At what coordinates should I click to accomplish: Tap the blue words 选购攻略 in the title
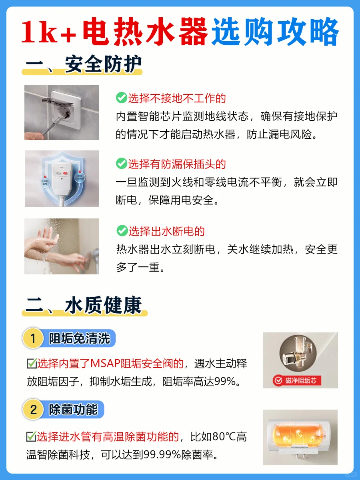click(x=275, y=32)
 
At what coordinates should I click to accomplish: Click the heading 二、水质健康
click(x=84, y=305)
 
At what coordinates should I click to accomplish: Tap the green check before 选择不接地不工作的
click(x=122, y=98)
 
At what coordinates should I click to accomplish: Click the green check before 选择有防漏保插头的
click(x=122, y=163)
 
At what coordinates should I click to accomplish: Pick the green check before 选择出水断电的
click(x=122, y=230)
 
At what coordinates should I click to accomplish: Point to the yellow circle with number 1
click(x=33, y=338)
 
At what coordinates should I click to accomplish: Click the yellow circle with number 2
click(x=33, y=409)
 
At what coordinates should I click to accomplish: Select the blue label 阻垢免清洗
click(x=79, y=338)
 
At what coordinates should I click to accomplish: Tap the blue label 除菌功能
click(x=73, y=409)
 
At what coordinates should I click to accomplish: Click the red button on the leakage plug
click(x=65, y=173)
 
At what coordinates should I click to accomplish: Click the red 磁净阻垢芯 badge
click(x=297, y=380)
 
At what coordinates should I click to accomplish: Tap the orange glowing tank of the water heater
click(x=298, y=436)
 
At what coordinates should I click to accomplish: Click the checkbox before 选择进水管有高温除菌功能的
click(x=31, y=436)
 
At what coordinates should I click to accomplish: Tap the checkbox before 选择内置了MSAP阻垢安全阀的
click(x=32, y=364)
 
